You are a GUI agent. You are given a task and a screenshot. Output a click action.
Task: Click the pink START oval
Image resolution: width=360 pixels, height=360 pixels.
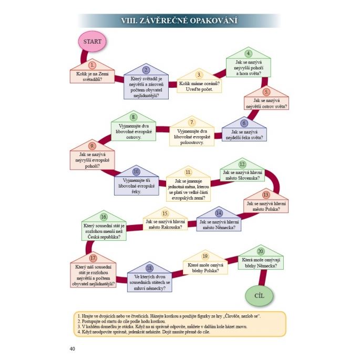click(92, 40)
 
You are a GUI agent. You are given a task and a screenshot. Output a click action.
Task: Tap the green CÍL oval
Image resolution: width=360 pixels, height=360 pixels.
click(259, 295)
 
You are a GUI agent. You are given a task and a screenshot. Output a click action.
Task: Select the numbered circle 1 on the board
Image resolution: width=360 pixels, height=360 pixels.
click(92, 65)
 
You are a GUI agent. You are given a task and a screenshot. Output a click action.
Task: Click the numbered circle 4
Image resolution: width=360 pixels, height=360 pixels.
click(249, 54)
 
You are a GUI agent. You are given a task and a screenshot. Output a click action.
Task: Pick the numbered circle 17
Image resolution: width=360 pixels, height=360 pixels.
click(93, 258)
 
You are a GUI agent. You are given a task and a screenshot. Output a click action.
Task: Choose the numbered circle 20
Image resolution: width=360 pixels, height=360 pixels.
click(261, 251)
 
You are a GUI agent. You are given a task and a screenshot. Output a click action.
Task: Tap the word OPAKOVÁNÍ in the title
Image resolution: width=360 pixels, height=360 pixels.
click(207, 20)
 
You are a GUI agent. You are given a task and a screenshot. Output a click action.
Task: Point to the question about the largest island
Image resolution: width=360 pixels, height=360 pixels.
click(266, 103)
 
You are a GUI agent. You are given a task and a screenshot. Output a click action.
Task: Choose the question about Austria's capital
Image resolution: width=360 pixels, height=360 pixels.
click(164, 224)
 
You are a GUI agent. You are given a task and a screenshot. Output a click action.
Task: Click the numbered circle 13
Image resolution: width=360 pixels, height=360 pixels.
click(266, 194)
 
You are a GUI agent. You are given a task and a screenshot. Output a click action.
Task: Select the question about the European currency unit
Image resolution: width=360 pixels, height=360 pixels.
click(189, 190)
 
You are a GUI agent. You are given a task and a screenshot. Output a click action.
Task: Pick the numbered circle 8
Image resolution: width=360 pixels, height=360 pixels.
click(133, 117)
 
